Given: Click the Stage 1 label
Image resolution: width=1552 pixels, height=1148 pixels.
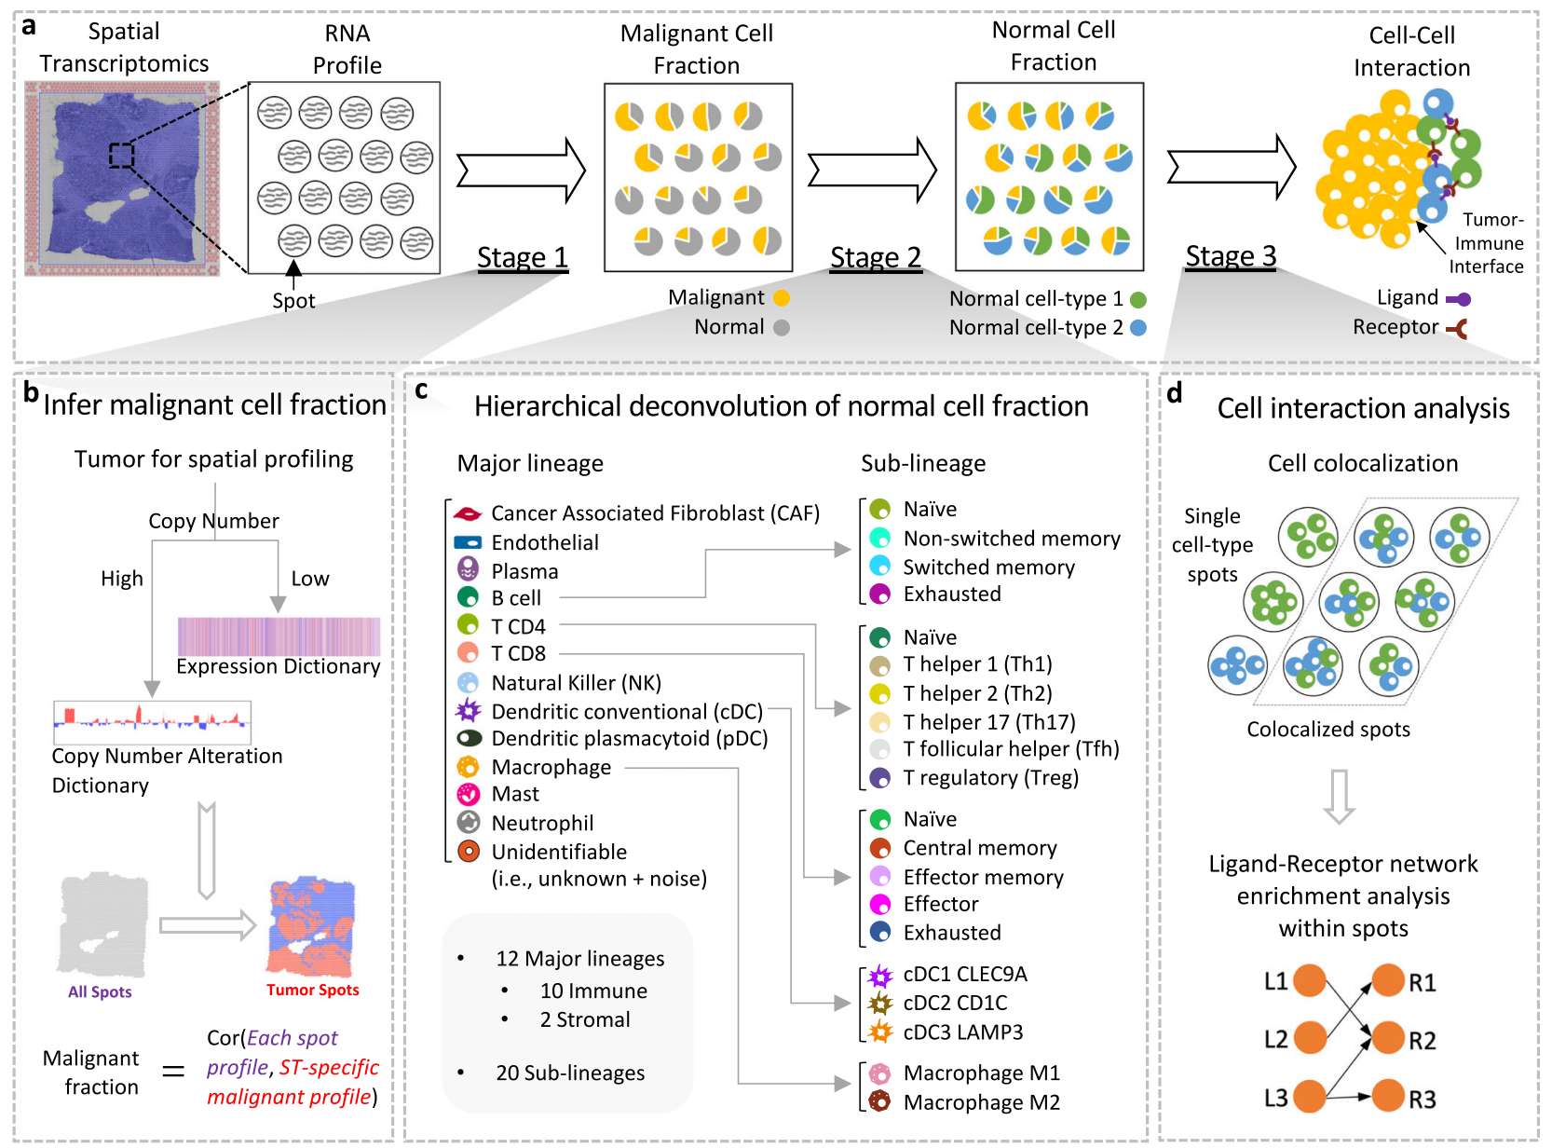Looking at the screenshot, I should [x=522, y=257].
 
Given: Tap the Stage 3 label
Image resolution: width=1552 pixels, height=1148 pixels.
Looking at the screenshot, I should [x=1231, y=256].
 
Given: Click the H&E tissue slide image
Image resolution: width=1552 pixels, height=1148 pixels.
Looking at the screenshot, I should [x=122, y=179].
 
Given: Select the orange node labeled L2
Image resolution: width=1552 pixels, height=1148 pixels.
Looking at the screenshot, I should [x=1310, y=1038].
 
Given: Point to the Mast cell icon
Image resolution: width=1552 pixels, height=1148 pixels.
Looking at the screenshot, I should [x=468, y=794].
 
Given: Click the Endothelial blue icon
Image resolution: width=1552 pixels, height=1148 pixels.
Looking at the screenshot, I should [x=467, y=542].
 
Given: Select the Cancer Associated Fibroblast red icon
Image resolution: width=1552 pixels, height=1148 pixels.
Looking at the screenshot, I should [x=467, y=513].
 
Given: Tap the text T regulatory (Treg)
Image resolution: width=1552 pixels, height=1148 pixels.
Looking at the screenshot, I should [x=990, y=778].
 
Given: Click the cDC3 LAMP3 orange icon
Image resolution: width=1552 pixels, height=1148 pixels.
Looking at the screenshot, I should [x=880, y=1032].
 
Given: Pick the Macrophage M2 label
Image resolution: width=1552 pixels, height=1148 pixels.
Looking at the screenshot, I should [x=981, y=1102].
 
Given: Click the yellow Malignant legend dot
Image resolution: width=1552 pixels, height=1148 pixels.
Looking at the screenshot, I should [x=782, y=298].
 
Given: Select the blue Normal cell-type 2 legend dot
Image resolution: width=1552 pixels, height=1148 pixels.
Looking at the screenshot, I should [x=1137, y=328].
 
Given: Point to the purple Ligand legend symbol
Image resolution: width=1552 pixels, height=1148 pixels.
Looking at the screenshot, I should [x=1459, y=299].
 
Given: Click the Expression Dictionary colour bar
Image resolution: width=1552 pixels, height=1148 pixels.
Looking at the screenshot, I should [x=279, y=636].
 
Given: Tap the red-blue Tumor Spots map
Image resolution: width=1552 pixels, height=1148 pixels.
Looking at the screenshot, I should [x=312, y=926].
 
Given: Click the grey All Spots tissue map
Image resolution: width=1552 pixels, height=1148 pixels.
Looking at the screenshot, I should [x=102, y=924].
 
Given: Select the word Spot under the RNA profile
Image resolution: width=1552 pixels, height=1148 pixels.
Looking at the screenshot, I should [x=293, y=301].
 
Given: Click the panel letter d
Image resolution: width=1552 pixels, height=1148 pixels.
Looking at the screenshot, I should [x=1175, y=394].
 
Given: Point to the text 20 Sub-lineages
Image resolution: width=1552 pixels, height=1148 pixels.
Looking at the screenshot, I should [x=570, y=1073].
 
